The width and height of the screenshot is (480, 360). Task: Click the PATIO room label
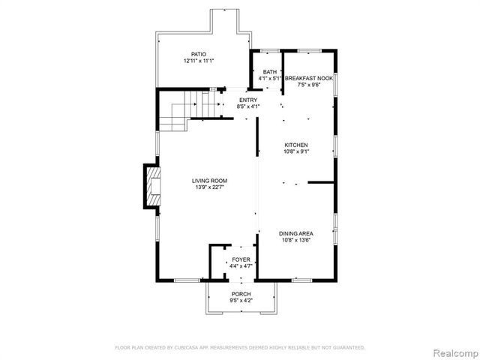[198, 54]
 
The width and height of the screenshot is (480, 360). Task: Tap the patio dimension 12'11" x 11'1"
[198, 61]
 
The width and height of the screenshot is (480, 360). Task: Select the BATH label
[269, 72]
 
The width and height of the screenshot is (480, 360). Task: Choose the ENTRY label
[247, 100]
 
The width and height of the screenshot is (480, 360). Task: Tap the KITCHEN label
[295, 145]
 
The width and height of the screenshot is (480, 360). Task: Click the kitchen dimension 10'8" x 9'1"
[295, 151]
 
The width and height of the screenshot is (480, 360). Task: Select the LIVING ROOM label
[209, 181]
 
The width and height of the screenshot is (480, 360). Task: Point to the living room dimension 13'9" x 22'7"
[209, 187]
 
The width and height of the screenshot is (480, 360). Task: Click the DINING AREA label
[295, 233]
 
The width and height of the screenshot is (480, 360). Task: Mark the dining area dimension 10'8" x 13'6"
[295, 240]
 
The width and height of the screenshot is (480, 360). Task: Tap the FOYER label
[241, 259]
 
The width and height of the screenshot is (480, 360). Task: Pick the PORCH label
[241, 293]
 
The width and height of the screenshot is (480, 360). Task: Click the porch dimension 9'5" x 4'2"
[241, 300]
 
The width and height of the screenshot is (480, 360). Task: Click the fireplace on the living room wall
[153, 187]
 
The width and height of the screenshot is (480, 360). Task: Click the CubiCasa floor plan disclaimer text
[239, 347]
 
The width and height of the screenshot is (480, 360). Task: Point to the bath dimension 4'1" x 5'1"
[269, 79]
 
